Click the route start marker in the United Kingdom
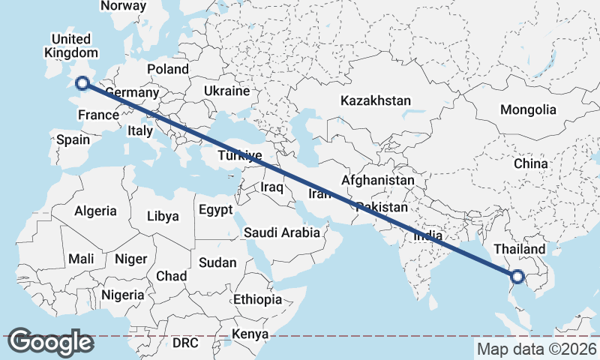click(82, 84)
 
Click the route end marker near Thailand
click(517, 277)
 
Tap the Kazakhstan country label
click(376, 100)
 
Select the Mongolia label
click(529, 109)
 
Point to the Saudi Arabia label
click(281, 233)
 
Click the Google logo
click(50, 342)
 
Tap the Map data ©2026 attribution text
click(536, 349)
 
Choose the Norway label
click(123, 6)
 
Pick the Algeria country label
click(95, 211)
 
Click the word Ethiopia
click(257, 299)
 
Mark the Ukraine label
click(226, 91)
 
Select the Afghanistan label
click(377, 181)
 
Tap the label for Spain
click(73, 139)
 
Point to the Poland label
click(168, 69)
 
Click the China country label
click(530, 163)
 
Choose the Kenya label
click(250, 334)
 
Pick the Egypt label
click(215, 210)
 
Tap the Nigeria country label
click(122, 295)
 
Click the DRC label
click(185, 343)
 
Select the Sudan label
click(217, 263)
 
